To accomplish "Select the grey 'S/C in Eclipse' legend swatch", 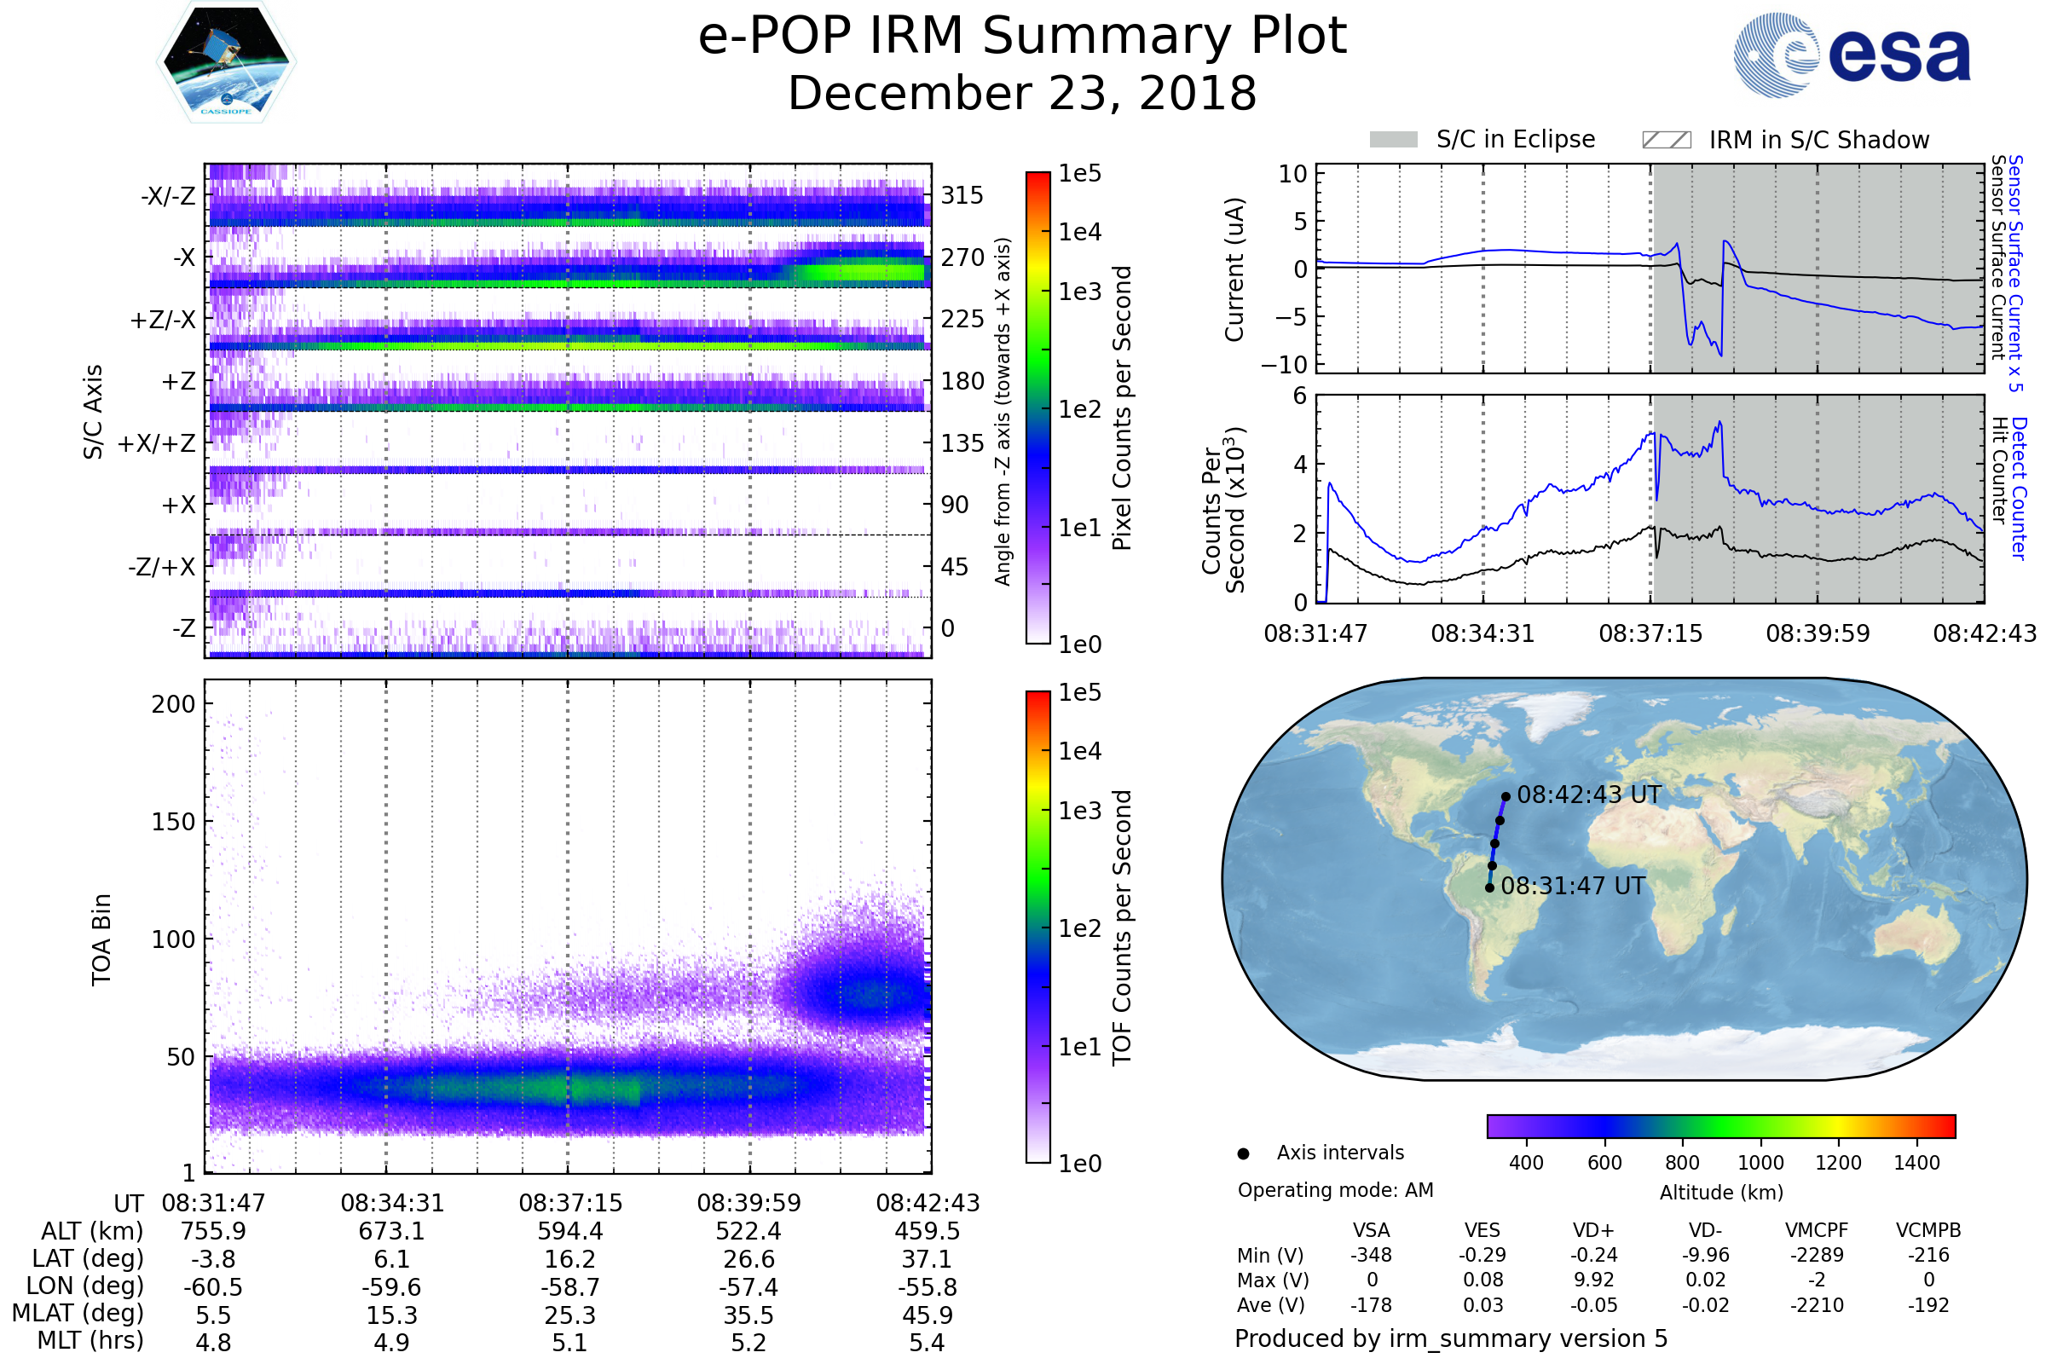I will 1393,140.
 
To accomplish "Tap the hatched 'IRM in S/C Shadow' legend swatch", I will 1666,140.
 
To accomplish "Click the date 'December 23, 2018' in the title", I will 1022,94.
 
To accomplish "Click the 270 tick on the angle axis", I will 962,257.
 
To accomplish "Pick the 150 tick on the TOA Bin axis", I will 173,822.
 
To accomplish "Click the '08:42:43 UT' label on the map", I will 1588,795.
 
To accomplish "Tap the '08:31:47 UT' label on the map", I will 1573,887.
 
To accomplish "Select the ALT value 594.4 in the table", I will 569,1232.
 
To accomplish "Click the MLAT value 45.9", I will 928,1315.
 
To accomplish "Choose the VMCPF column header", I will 1817,1231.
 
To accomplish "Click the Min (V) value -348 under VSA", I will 1371,1255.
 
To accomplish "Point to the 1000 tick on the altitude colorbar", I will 1760,1163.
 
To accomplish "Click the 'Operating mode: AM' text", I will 1335,1190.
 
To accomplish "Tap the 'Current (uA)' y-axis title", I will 1234,269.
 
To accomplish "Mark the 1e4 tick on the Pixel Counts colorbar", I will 1079,232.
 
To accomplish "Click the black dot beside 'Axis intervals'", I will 1244,1153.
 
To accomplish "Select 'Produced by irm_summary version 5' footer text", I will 1451,1338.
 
